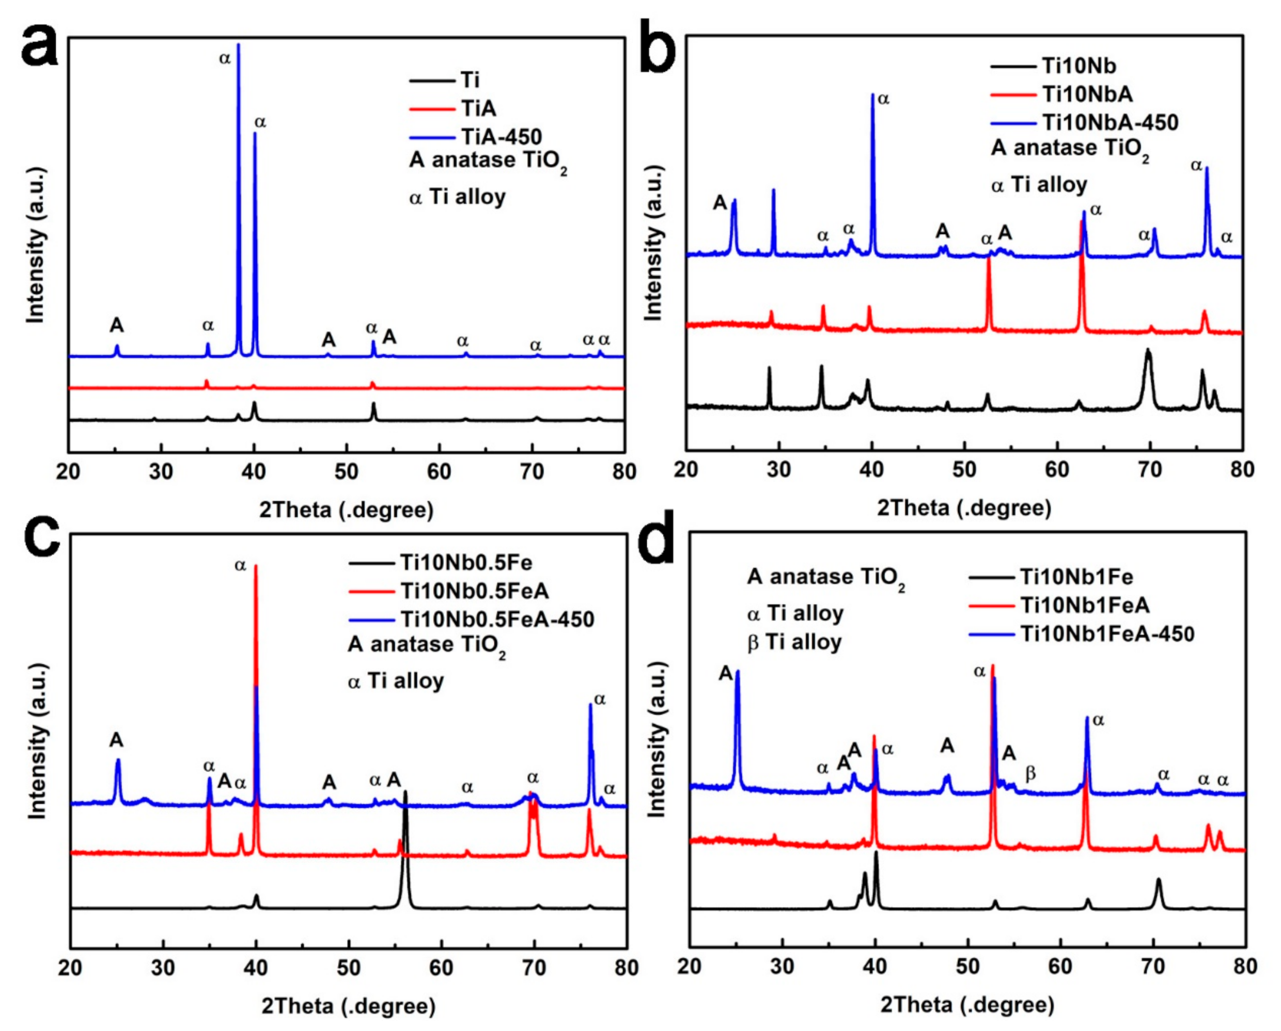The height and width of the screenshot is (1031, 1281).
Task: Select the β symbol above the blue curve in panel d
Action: [x=1031, y=773]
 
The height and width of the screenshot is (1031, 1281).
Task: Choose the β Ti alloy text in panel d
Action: [x=794, y=642]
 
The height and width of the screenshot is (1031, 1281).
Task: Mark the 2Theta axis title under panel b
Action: [x=964, y=508]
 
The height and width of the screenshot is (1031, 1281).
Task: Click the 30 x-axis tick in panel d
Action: [x=783, y=966]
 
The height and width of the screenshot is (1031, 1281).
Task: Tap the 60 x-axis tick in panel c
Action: [x=442, y=968]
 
